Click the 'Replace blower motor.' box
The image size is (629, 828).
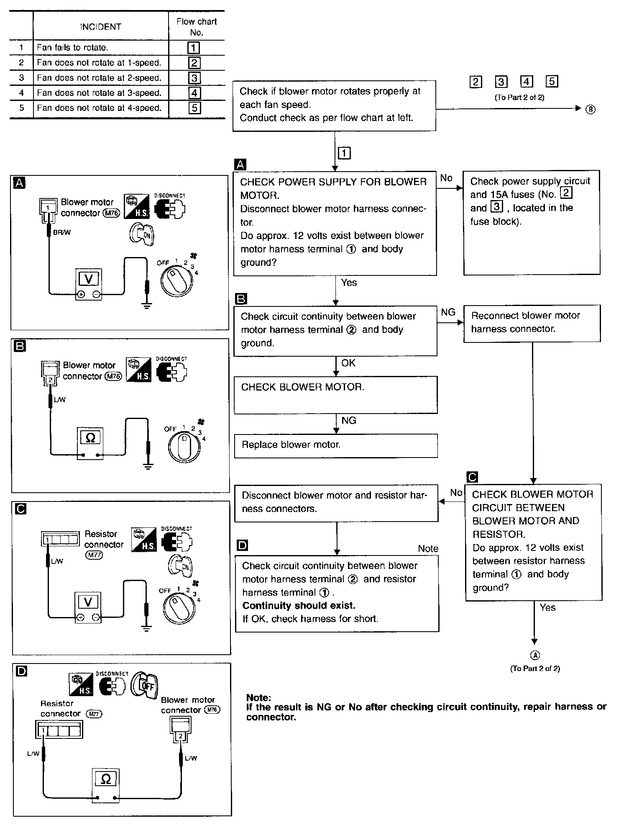[x=335, y=445]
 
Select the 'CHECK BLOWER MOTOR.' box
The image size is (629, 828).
[x=335, y=395]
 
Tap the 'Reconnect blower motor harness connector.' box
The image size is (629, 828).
[x=532, y=323]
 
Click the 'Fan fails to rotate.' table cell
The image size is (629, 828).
[x=101, y=48]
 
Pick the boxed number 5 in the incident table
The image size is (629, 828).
[x=194, y=108]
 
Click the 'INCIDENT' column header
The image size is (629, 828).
[x=101, y=27]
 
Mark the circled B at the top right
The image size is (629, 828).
[x=590, y=109]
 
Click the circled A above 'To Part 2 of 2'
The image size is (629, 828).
[x=535, y=656]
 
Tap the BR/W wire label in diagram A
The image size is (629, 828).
[x=62, y=232]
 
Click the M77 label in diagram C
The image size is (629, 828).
[x=94, y=555]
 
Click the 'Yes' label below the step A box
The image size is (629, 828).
[x=349, y=283]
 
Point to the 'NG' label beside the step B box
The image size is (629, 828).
[x=448, y=312]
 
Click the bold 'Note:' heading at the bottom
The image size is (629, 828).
[x=258, y=698]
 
